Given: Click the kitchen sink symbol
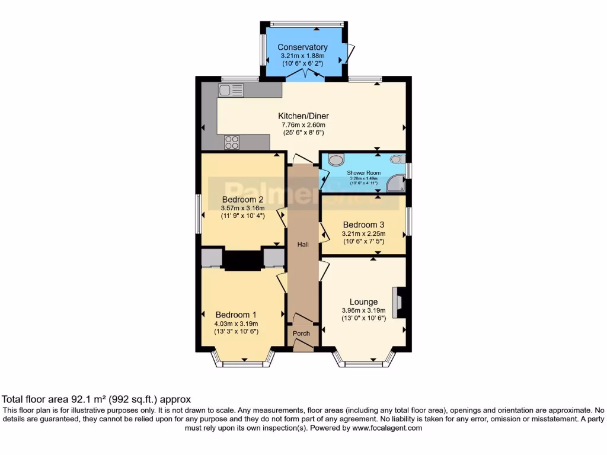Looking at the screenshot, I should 231,90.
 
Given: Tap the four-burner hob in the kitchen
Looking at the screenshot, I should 232,142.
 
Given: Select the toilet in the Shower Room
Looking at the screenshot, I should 336,159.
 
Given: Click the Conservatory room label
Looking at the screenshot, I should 302,47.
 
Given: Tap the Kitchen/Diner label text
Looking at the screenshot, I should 304,116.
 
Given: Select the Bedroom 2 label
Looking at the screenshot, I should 243,199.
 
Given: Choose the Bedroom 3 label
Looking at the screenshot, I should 363,225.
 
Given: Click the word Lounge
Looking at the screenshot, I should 363,302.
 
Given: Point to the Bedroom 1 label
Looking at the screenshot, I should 236,315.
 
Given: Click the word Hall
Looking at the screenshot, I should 303,245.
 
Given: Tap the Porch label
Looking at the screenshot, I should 302,334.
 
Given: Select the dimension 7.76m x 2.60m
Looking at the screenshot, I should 303,125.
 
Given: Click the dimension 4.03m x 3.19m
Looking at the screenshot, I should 236,323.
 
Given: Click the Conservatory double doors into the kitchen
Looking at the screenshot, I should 305,75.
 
